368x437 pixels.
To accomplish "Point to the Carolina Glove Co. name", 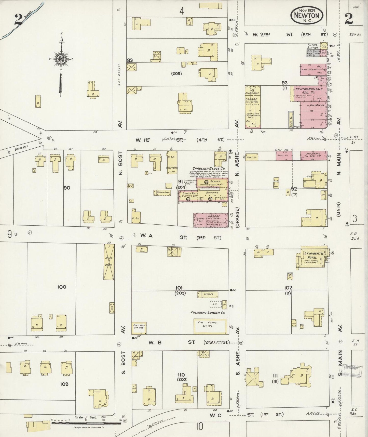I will tap(209, 169).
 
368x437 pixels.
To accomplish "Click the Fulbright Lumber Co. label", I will tap(209, 313).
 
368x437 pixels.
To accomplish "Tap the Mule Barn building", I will tap(109, 262).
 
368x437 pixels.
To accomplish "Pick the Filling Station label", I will tap(312, 46).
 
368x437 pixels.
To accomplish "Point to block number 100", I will tap(62, 287).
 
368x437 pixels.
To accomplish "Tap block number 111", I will tap(275, 376).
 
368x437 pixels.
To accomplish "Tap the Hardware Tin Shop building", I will tap(314, 156).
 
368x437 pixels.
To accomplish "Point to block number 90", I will tap(67, 188).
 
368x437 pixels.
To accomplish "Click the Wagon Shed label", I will tap(162, 193).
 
